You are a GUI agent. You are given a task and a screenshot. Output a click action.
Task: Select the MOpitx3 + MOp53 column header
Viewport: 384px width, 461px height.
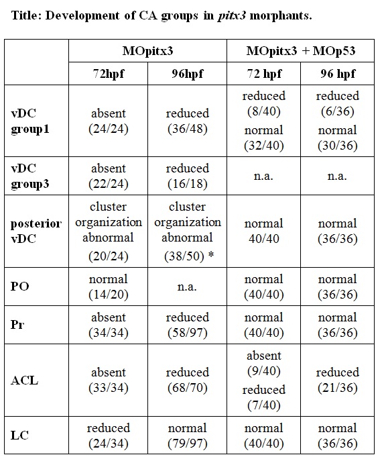pos(301,51)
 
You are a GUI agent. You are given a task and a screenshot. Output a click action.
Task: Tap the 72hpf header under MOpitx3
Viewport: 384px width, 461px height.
pos(109,74)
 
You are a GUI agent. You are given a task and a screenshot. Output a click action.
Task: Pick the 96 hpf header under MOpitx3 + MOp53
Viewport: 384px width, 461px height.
pos(338,74)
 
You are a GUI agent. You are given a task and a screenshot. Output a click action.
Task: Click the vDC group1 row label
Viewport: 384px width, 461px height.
pos(30,121)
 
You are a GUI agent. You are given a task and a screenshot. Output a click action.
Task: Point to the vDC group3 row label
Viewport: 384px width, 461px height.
pos(30,176)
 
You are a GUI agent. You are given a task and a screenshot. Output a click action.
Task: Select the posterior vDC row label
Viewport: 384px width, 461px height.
pos(36,231)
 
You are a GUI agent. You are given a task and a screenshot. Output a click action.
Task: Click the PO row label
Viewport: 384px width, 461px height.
pos(19,287)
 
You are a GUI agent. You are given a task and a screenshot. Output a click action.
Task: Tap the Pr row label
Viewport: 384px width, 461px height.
pos(17,325)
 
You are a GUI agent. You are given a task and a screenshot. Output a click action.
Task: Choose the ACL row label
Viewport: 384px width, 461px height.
pos(24,380)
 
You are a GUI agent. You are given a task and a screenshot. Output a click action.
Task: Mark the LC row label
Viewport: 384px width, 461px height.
pos(19,435)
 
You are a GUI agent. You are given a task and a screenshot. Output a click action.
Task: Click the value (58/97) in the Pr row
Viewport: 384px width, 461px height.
pos(188,333)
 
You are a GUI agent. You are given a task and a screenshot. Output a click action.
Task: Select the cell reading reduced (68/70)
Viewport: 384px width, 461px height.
pos(188,380)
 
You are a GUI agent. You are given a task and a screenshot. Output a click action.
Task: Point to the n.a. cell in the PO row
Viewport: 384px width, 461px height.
pos(187,287)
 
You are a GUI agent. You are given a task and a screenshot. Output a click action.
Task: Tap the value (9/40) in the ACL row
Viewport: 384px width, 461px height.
pos(264,371)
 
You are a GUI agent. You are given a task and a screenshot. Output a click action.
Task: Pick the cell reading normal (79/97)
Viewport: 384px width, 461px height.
pos(188,436)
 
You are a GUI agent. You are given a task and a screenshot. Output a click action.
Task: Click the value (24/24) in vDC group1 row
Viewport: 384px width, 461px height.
pos(109,129)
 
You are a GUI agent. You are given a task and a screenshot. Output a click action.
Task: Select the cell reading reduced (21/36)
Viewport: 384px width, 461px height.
pos(338,380)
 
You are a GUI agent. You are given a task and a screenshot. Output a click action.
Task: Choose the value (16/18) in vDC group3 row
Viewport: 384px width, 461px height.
pos(188,184)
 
